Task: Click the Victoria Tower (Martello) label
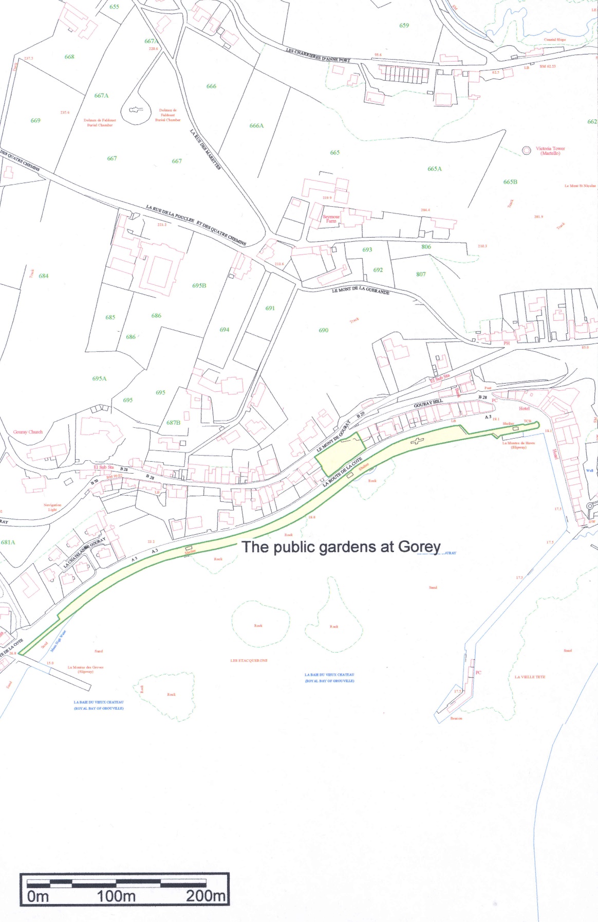pyautogui.click(x=550, y=151)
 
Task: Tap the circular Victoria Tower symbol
pyautogui.click(x=526, y=150)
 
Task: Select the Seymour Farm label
pyautogui.click(x=331, y=219)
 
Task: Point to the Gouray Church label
pyautogui.click(x=28, y=432)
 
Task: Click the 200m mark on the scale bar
pyautogui.click(x=205, y=896)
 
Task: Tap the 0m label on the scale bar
pyautogui.click(x=38, y=896)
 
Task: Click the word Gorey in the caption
pyautogui.click(x=419, y=547)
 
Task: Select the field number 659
pyautogui.click(x=404, y=25)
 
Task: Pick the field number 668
pyautogui.click(x=69, y=57)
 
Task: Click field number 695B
pyautogui.click(x=199, y=285)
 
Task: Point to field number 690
pyautogui.click(x=323, y=330)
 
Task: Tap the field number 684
pyautogui.click(x=44, y=276)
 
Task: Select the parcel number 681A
pyautogui.click(x=8, y=542)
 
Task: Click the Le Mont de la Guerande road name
pyautogui.click(x=361, y=291)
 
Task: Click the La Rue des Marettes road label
pyautogui.click(x=205, y=150)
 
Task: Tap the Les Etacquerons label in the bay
pyautogui.click(x=249, y=660)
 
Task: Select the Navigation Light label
pyautogui.click(x=52, y=507)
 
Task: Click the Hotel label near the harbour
pyautogui.click(x=524, y=408)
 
